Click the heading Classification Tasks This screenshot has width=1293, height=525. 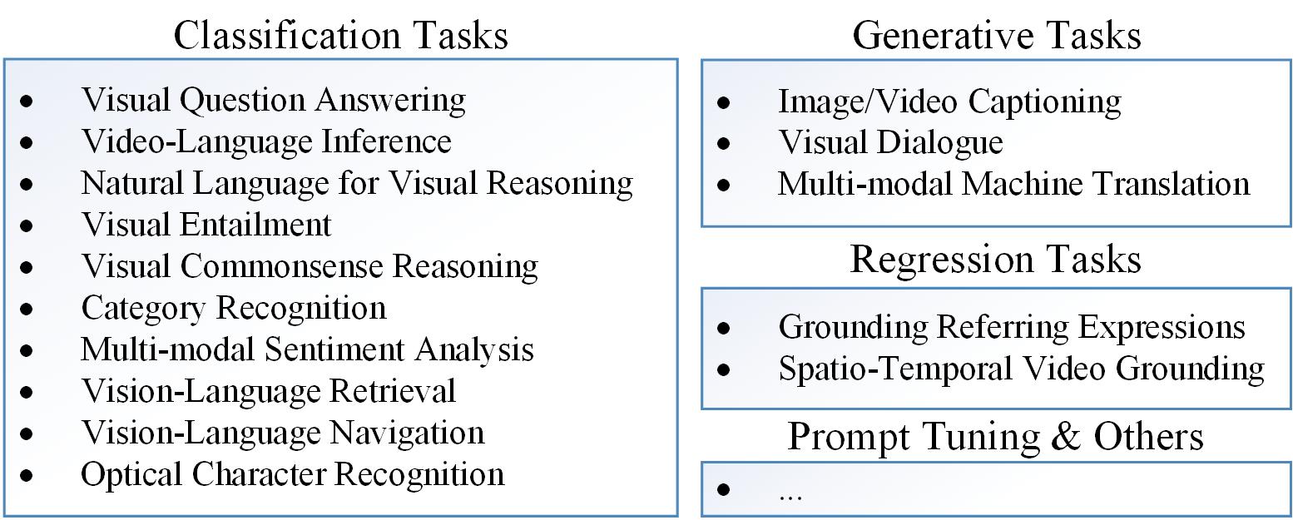point(340,36)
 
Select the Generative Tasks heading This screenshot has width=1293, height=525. point(996,36)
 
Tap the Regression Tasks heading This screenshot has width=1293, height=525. point(995,260)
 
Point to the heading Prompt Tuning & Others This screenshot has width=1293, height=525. point(995,436)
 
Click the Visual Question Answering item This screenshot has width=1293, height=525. point(273,101)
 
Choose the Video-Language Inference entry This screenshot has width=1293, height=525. point(266,141)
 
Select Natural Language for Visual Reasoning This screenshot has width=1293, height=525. point(357,183)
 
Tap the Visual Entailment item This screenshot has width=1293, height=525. point(206,225)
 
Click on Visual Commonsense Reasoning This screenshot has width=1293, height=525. point(310,266)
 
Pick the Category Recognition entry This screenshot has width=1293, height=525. point(234,308)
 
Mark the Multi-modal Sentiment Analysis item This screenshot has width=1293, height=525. point(307,349)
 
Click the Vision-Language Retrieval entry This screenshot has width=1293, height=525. point(269,391)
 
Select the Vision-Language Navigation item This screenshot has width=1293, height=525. point(283,433)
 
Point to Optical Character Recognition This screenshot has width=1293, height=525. point(293,474)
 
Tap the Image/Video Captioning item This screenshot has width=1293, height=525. point(949,102)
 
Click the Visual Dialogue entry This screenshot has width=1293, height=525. point(890,142)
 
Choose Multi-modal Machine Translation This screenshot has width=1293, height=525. point(1013,183)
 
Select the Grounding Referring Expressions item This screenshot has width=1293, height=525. point(1012,327)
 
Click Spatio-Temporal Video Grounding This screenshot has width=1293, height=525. point(1022,369)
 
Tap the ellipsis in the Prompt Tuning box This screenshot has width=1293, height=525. point(790,494)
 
